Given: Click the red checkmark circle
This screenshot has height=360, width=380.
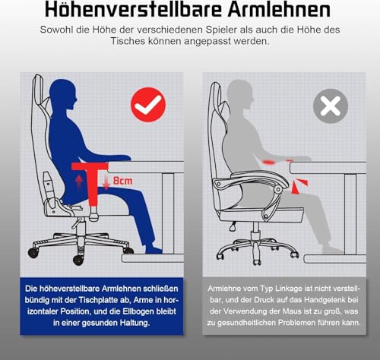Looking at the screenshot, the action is [148, 105].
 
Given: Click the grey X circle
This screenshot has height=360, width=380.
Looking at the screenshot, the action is [331, 106].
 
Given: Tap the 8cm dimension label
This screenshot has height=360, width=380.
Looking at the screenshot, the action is [122, 181].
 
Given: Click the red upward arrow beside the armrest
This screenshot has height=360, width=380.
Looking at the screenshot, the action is [79, 182].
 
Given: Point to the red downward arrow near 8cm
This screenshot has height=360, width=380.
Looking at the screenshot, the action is [106, 183].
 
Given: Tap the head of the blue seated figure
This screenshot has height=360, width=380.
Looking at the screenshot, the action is [63, 94].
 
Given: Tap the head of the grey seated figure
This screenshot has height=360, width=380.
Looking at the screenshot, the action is [239, 94].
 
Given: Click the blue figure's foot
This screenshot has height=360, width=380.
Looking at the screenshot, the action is [153, 250].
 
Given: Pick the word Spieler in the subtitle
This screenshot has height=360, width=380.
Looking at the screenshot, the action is [221, 30].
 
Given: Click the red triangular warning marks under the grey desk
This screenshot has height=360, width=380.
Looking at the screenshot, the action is [299, 186].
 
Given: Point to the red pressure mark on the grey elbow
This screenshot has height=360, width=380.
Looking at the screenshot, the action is [269, 162].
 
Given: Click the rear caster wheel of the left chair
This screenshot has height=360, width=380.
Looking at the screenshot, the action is [33, 253].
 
